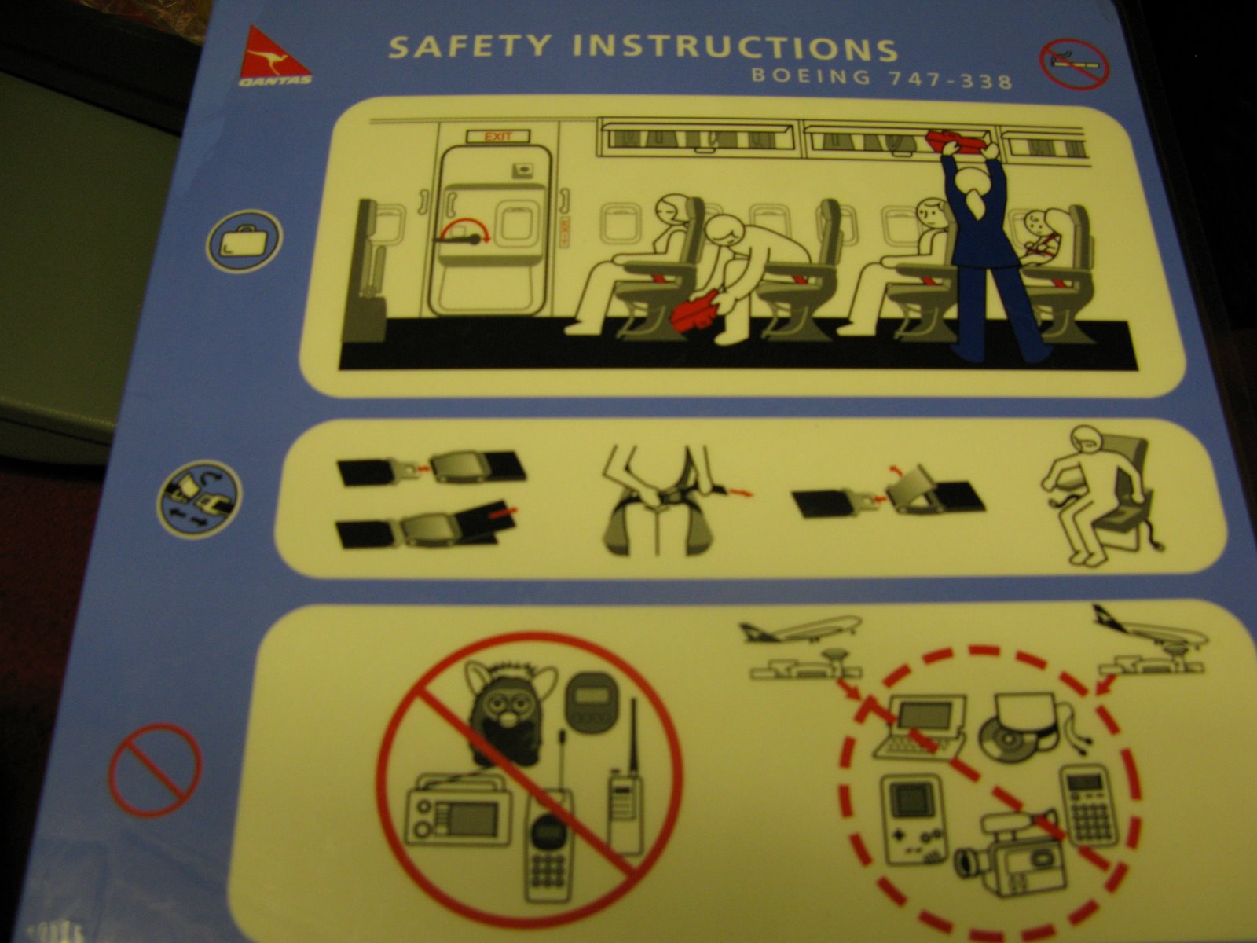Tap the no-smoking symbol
1074,64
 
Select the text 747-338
950,80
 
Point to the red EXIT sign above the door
498,137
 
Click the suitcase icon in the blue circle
244,240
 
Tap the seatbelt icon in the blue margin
200,500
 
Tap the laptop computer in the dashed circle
921,727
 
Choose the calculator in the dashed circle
1088,805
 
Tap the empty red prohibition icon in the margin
155,769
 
